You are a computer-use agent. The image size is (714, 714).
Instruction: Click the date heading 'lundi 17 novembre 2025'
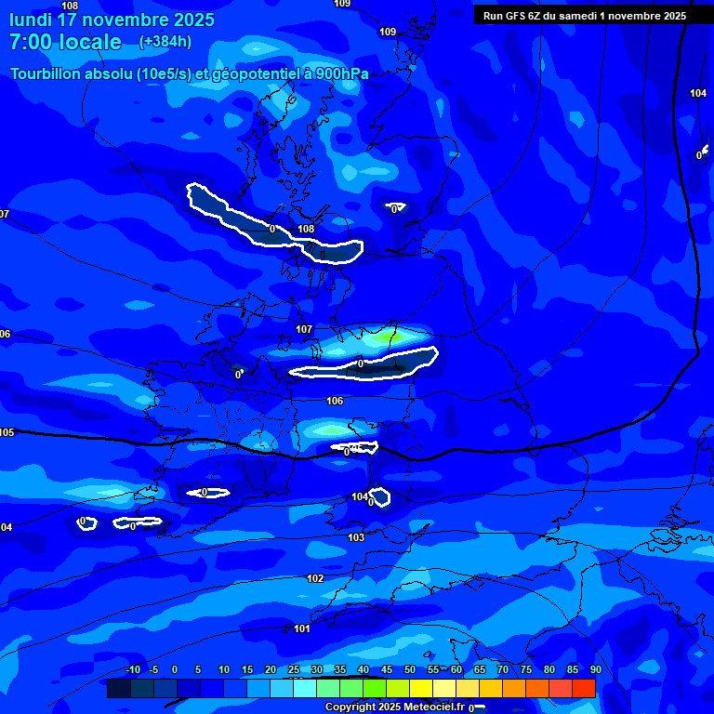[112, 20]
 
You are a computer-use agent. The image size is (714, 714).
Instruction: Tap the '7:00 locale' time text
[65, 42]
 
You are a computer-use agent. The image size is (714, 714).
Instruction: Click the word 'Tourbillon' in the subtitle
[46, 74]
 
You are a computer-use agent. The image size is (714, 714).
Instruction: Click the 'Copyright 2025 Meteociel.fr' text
[395, 707]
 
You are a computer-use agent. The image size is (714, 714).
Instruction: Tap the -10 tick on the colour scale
[133, 669]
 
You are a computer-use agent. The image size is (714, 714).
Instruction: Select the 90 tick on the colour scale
[595, 669]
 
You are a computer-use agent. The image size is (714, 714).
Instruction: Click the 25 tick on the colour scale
[294, 669]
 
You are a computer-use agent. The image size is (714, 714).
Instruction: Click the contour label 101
[302, 629]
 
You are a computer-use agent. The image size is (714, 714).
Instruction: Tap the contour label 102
[315, 578]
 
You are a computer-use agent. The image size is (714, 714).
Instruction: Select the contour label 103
[356, 538]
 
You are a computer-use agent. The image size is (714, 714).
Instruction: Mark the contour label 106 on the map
[335, 402]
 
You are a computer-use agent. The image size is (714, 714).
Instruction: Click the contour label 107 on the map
[304, 330]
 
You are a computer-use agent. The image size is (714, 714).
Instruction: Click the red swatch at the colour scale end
[583, 688]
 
